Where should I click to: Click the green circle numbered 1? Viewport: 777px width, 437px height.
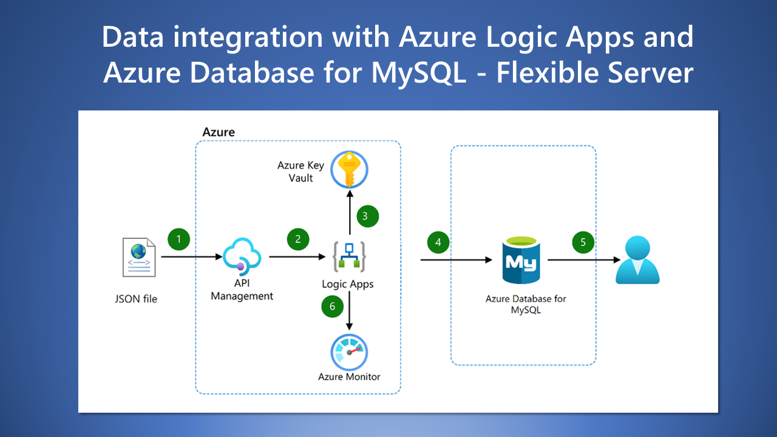[178, 239]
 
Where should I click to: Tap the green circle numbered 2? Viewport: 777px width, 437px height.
[297, 239]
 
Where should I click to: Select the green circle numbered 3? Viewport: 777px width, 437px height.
[365, 215]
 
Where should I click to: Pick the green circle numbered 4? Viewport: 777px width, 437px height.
[438, 243]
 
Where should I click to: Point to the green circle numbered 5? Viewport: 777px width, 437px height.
[583, 243]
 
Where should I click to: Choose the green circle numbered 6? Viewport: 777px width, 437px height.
[332, 307]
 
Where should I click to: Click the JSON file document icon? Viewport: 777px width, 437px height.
[139, 258]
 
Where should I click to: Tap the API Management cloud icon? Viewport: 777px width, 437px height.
[242, 255]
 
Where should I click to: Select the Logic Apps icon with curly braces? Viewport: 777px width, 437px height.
[348, 256]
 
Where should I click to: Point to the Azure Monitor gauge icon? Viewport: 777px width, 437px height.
[349, 351]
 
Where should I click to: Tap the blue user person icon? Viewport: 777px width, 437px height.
[637, 261]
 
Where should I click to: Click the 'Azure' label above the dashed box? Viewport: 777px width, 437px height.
[219, 132]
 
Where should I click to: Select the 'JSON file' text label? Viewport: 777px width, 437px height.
[136, 299]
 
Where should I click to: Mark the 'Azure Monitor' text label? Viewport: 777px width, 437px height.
[349, 377]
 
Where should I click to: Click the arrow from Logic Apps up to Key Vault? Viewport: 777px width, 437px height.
[350, 212]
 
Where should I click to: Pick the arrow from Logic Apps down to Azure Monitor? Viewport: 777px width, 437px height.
[350, 313]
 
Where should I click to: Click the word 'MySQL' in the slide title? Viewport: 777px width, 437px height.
[420, 73]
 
